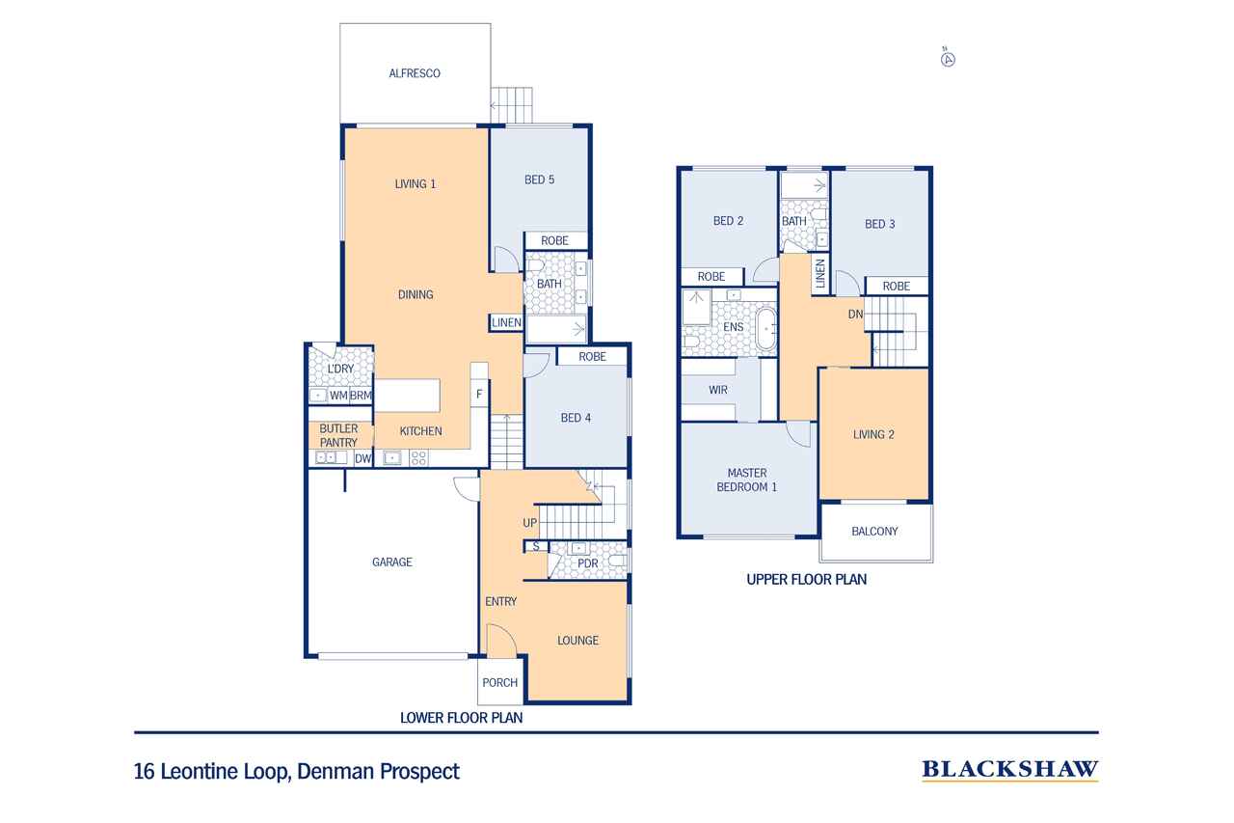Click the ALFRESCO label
pos(415,73)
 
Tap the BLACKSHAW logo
pos(1009,770)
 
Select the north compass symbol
pos(948,59)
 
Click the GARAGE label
pos(391,562)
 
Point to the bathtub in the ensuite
pos(765,329)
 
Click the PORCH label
pos(499,682)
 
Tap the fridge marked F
pos(479,394)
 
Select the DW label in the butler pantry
pos(362,458)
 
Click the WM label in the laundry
pos(338,396)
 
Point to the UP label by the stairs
pos(529,523)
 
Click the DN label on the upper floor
pos(855,315)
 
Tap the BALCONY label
pos(874,532)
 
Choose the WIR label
pos(718,391)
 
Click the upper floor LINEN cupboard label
pos(820,273)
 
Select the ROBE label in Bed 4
pos(592,357)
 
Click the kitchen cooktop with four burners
pos(418,457)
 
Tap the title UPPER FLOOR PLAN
pos(806,579)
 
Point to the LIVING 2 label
pos(873,434)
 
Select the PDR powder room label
pos(587,563)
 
